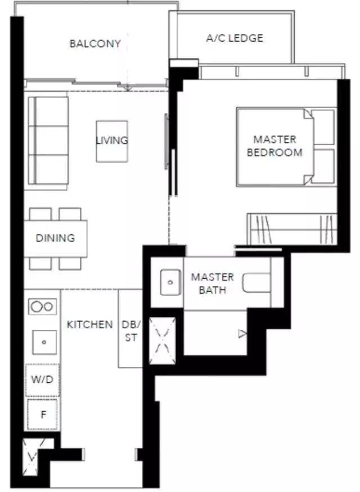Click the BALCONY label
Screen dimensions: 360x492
pyautogui.click(x=95, y=43)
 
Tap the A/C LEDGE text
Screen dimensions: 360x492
pyautogui.click(x=235, y=38)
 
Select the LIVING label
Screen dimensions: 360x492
pyautogui.click(x=111, y=140)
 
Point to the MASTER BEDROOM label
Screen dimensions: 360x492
pyautogui.click(x=274, y=146)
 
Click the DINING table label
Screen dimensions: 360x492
pyautogui.click(x=55, y=238)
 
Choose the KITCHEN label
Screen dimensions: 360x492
pyautogui.click(x=89, y=324)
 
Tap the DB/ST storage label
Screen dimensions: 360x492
pyautogui.click(x=131, y=331)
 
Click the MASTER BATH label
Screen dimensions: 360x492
pyautogui.click(x=212, y=283)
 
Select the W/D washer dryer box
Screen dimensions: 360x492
pyautogui.click(x=42, y=379)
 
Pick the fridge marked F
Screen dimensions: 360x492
pyautogui.click(x=42, y=414)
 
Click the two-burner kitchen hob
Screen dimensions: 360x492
pyautogui.click(x=42, y=307)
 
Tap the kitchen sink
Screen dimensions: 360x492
pyautogui.click(x=44, y=342)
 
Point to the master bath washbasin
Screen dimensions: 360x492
pyautogui.click(x=170, y=283)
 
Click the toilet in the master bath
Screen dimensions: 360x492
pyautogui.click(x=256, y=283)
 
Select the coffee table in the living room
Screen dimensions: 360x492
pyautogui.click(x=112, y=141)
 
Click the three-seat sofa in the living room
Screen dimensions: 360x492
pyautogui.click(x=48, y=141)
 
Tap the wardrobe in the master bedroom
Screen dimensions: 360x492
pyautogui.click(x=292, y=229)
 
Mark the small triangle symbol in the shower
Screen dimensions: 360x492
pyautogui.click(x=242, y=334)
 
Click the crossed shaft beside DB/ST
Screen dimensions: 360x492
pyautogui.click(x=162, y=341)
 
